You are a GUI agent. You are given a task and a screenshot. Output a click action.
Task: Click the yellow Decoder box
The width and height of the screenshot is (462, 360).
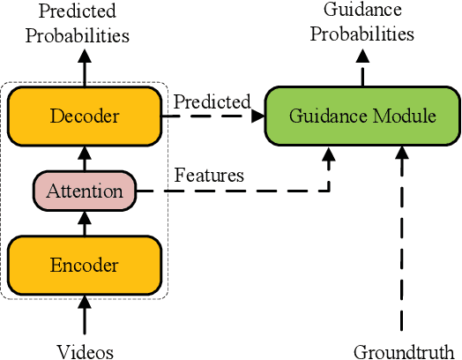click(85, 116)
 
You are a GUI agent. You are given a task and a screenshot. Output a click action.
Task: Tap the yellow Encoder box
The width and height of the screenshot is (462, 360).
click(85, 265)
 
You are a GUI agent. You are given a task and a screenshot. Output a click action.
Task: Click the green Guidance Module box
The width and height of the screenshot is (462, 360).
click(363, 116)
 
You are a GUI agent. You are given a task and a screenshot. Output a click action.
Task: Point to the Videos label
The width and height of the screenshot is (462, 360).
click(85, 351)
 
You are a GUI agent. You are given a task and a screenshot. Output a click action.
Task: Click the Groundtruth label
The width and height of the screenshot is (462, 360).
click(403, 351)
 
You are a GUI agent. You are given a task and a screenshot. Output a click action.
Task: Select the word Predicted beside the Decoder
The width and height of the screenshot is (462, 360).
click(212, 101)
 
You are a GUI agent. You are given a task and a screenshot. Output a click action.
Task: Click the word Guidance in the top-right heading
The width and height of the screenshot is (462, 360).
click(363, 11)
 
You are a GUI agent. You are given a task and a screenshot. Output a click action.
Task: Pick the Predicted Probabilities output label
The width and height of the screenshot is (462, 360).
click(78, 24)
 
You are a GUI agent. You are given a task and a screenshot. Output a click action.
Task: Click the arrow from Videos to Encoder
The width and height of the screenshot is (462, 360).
click(85, 316)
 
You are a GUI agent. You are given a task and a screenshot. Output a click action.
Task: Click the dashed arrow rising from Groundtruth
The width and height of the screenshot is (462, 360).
click(403, 238)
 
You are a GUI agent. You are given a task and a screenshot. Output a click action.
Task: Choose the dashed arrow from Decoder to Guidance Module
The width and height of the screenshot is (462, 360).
click(212, 116)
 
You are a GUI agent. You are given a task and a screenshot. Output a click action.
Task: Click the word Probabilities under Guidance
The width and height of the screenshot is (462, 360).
click(368, 34)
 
